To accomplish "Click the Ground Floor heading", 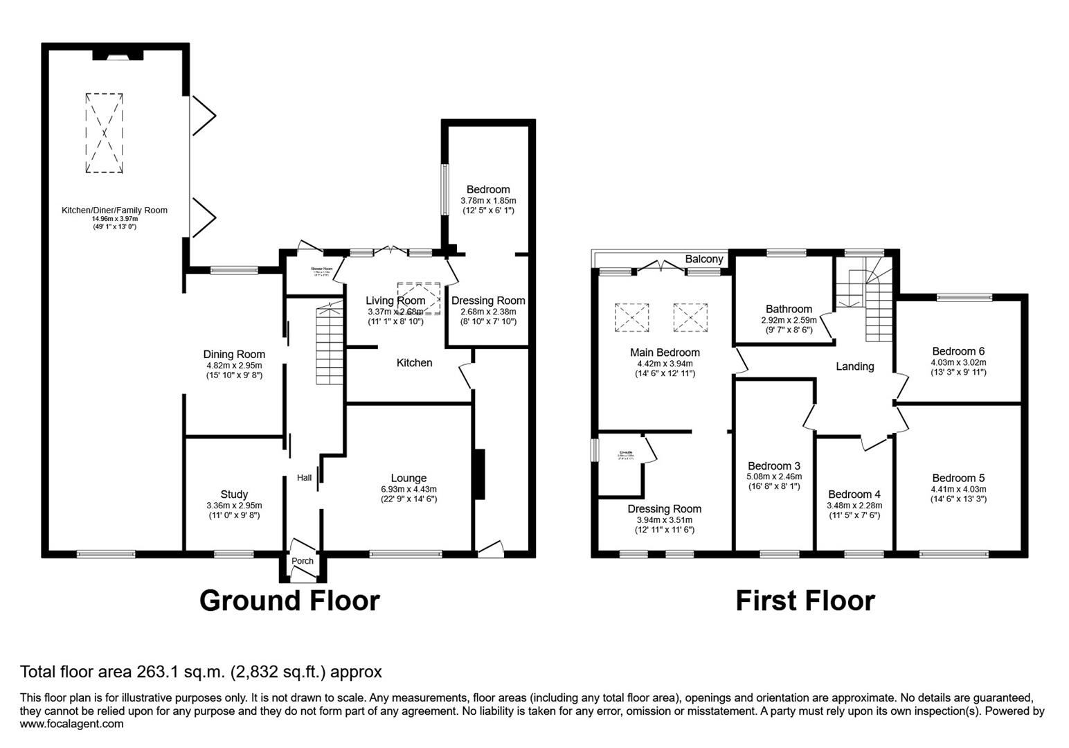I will click(x=289, y=600).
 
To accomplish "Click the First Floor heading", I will click(x=805, y=600).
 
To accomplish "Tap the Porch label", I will click(x=303, y=561).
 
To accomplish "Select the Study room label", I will click(x=234, y=495).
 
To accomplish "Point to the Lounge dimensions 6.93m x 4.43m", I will click(x=408, y=489).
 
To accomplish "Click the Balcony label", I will click(x=703, y=259).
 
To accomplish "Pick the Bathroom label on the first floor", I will click(x=789, y=309).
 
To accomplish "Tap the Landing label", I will click(x=855, y=366).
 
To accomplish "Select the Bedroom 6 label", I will click(x=958, y=351).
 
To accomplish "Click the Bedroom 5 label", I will click(x=958, y=478).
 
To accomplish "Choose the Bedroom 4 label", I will click(x=854, y=495).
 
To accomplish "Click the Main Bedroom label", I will click(x=665, y=353).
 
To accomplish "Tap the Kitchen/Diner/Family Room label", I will click(x=114, y=211).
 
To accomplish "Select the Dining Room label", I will click(x=234, y=354).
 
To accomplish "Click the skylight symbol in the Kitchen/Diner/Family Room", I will click(x=105, y=133).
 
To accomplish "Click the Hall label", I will click(x=304, y=478).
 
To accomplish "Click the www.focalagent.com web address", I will click(x=72, y=724).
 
